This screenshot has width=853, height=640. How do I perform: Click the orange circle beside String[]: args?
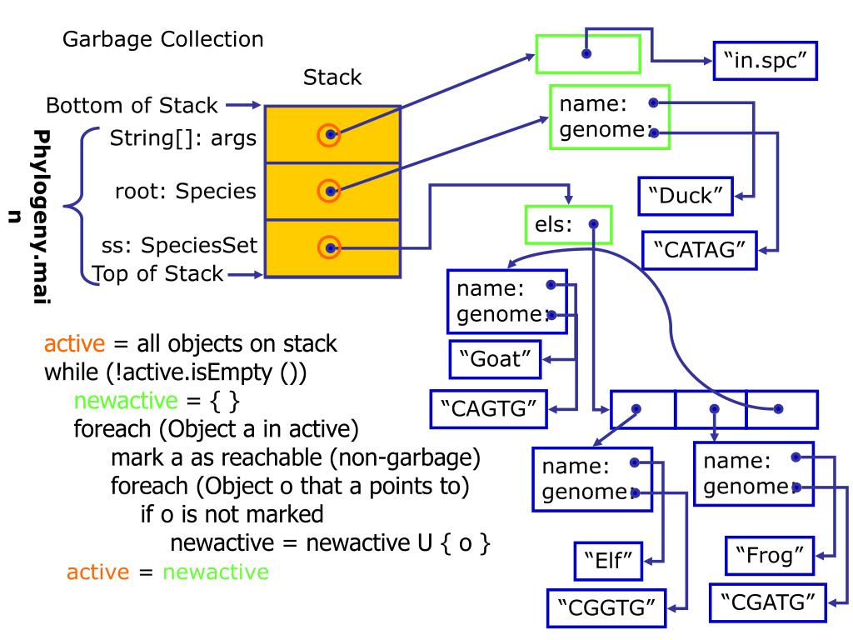331,134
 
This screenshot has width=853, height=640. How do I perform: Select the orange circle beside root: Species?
331,191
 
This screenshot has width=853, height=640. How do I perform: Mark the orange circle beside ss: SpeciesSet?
331,247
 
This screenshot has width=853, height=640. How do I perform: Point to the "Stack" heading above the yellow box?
332,78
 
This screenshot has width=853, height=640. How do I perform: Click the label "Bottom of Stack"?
132,107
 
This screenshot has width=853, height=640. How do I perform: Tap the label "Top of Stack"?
157,272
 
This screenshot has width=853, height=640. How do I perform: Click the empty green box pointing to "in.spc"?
587,54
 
